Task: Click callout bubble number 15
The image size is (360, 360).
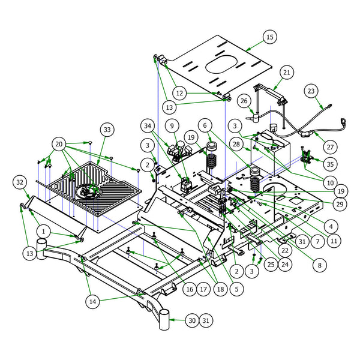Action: pos(269,38)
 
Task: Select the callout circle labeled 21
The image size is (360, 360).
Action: pos(287,73)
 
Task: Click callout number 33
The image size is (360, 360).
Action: pos(107,129)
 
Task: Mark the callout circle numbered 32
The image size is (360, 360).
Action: pos(19,182)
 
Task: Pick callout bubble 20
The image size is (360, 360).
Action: pos(58,144)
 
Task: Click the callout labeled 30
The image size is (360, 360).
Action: pos(191,321)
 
